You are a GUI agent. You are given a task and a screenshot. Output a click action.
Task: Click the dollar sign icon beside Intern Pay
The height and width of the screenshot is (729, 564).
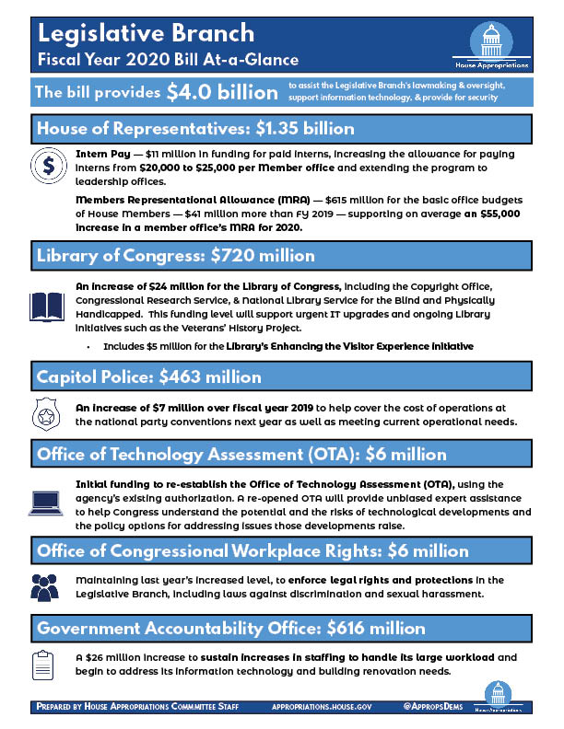pyautogui.click(x=47, y=165)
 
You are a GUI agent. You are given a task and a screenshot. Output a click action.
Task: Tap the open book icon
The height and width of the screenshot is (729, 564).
pyautogui.click(x=47, y=305)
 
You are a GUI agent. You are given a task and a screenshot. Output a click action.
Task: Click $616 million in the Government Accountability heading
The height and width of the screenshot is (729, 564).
pyautogui.click(x=368, y=630)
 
